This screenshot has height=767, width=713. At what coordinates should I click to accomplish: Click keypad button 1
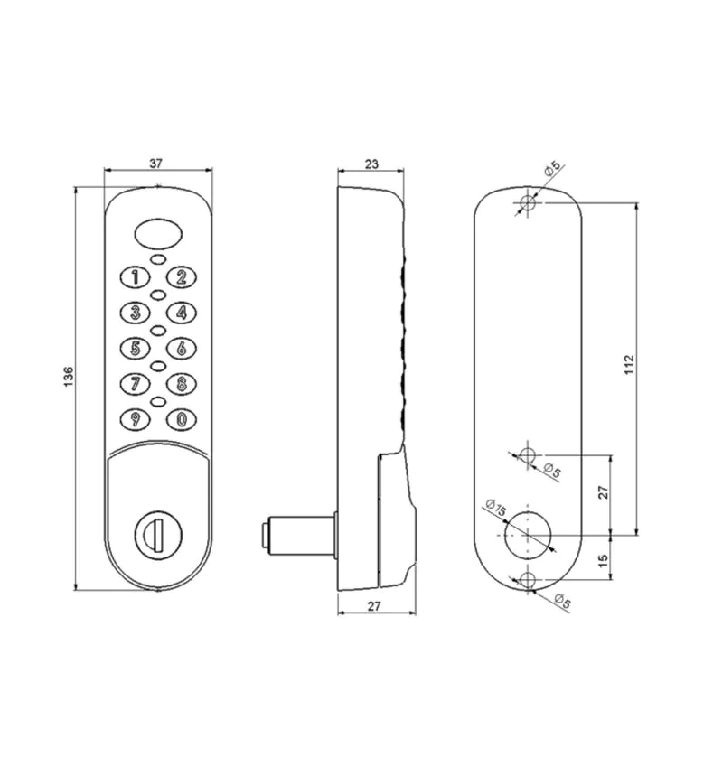coord(135,277)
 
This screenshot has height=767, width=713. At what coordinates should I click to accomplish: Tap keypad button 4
coord(182,313)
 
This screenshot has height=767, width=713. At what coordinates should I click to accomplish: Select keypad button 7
coord(135,383)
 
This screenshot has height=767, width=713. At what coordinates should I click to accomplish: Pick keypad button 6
coord(182,349)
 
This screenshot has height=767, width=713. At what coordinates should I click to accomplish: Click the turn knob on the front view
coord(157,534)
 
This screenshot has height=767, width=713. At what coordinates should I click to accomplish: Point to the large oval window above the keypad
coord(157,233)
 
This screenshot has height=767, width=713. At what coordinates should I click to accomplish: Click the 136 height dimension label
coord(69,376)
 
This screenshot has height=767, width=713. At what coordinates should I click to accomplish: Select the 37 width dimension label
coord(155,164)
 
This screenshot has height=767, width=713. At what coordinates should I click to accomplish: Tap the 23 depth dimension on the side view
coord(371,164)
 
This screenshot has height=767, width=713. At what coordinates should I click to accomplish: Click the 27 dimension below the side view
coord(374,606)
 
